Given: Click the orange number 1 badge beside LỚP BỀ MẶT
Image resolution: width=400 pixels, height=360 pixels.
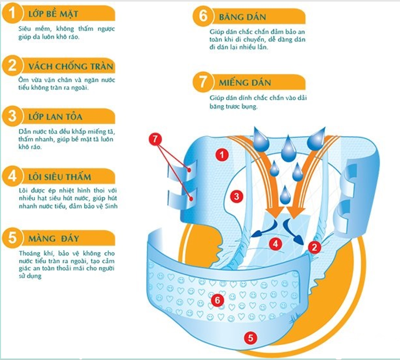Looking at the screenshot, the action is point(12,13).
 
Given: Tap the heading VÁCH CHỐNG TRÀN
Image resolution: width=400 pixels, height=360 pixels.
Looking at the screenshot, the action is point(70,66).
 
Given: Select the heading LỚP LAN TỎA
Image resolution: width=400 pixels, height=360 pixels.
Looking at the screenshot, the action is point(55,117).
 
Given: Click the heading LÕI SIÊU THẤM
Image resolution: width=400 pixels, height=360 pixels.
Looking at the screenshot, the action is point(60,177).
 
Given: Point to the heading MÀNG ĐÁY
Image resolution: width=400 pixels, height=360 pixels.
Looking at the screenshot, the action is point(54,238).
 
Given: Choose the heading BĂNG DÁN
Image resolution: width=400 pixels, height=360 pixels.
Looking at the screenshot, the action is point(242,17).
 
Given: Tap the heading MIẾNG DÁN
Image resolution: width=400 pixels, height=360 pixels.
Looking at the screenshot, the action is point(244,83).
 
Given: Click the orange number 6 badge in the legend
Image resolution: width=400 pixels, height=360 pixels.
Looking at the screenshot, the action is point(203,16).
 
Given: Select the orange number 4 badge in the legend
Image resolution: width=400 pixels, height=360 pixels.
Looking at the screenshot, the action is point(12,176).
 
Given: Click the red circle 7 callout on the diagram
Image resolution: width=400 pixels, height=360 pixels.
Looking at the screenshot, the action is point(155,139).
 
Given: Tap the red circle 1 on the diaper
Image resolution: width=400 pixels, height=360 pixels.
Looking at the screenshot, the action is point(222,155).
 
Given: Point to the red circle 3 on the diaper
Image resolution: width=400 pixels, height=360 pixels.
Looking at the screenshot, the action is point(237,197).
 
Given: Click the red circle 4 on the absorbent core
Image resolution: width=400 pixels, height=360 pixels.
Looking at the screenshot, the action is point(275,244).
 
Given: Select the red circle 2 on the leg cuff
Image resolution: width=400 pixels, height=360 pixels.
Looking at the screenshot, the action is point(314,247).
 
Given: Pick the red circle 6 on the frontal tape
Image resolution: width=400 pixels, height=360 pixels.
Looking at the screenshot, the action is point(218,300).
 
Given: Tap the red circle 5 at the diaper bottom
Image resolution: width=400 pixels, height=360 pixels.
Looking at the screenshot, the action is point(251,338).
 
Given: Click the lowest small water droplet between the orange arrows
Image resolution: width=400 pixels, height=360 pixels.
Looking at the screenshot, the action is point(285,196).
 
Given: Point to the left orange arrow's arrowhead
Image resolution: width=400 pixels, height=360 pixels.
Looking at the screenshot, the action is point(275,212).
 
